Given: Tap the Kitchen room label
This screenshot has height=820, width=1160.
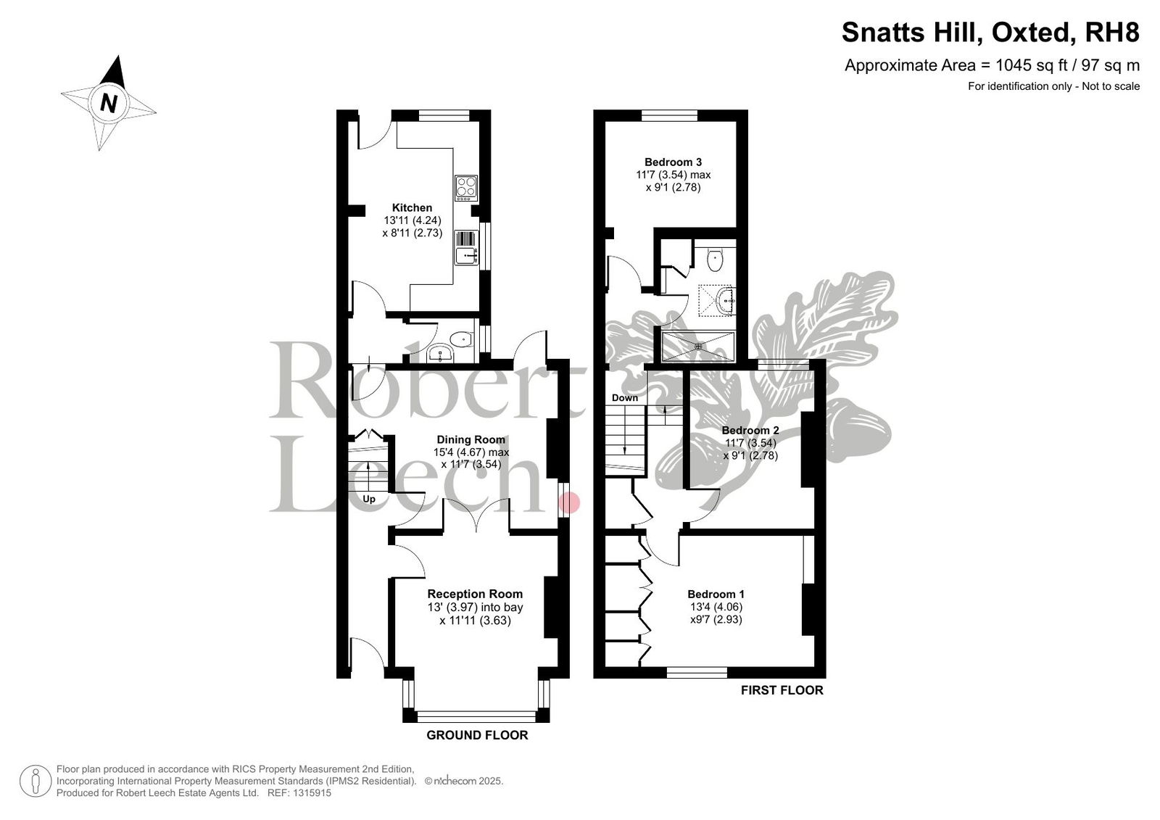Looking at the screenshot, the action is point(413,208).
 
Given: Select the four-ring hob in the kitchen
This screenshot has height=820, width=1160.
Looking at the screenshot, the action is point(467,188).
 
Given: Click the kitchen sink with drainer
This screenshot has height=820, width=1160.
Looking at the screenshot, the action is point(467,248).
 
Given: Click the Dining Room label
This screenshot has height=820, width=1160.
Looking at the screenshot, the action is point(471,440).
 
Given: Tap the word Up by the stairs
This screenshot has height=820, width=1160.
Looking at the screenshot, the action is point(369,500).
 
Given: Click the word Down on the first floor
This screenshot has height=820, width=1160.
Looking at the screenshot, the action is point(625,398).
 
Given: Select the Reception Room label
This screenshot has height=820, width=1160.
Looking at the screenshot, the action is point(475,594).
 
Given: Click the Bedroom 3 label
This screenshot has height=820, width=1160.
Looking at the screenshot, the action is point(674,162).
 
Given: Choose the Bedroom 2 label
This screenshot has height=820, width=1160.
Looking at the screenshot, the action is point(750,431).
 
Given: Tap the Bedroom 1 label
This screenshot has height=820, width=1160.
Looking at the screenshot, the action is point(716,594).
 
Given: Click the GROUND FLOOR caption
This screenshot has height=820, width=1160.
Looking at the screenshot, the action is point(478,735).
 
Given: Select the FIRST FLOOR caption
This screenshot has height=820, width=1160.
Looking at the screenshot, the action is point(782,690).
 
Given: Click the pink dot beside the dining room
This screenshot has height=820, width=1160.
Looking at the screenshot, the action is point(570,502).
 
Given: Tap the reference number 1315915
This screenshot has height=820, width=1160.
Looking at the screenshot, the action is point(312,793).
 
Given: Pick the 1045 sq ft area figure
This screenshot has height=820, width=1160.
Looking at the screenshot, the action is point(1025,65).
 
